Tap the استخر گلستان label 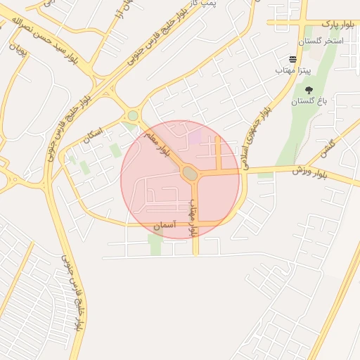[320, 42]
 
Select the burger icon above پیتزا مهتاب [292, 59]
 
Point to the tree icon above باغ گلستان [309, 90]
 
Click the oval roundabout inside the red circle [189, 172]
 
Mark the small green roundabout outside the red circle [132, 115]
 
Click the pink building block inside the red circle [194, 137]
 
